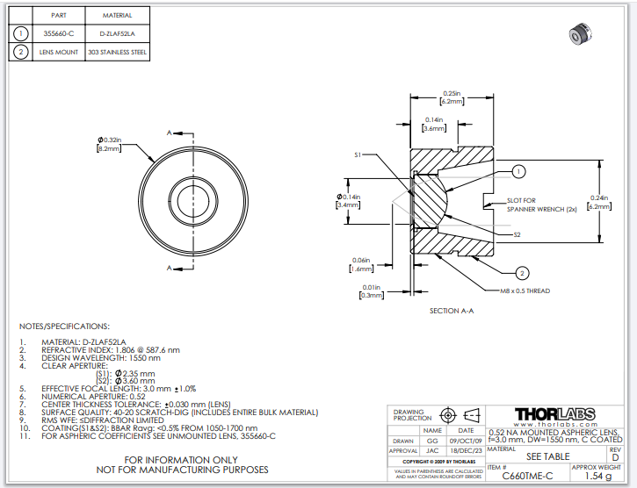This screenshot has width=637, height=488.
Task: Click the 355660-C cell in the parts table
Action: click(60, 34)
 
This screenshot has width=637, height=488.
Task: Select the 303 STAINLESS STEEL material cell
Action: click(117, 53)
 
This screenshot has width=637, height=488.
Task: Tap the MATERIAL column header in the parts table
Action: click(117, 16)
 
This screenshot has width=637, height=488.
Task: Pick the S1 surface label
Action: click(358, 154)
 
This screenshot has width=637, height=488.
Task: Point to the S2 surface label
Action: click(518, 234)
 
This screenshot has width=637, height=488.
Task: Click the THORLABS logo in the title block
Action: click(554, 413)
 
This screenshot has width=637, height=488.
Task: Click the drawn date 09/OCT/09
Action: click(465, 441)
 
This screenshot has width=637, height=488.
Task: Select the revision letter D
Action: click(614, 458)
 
